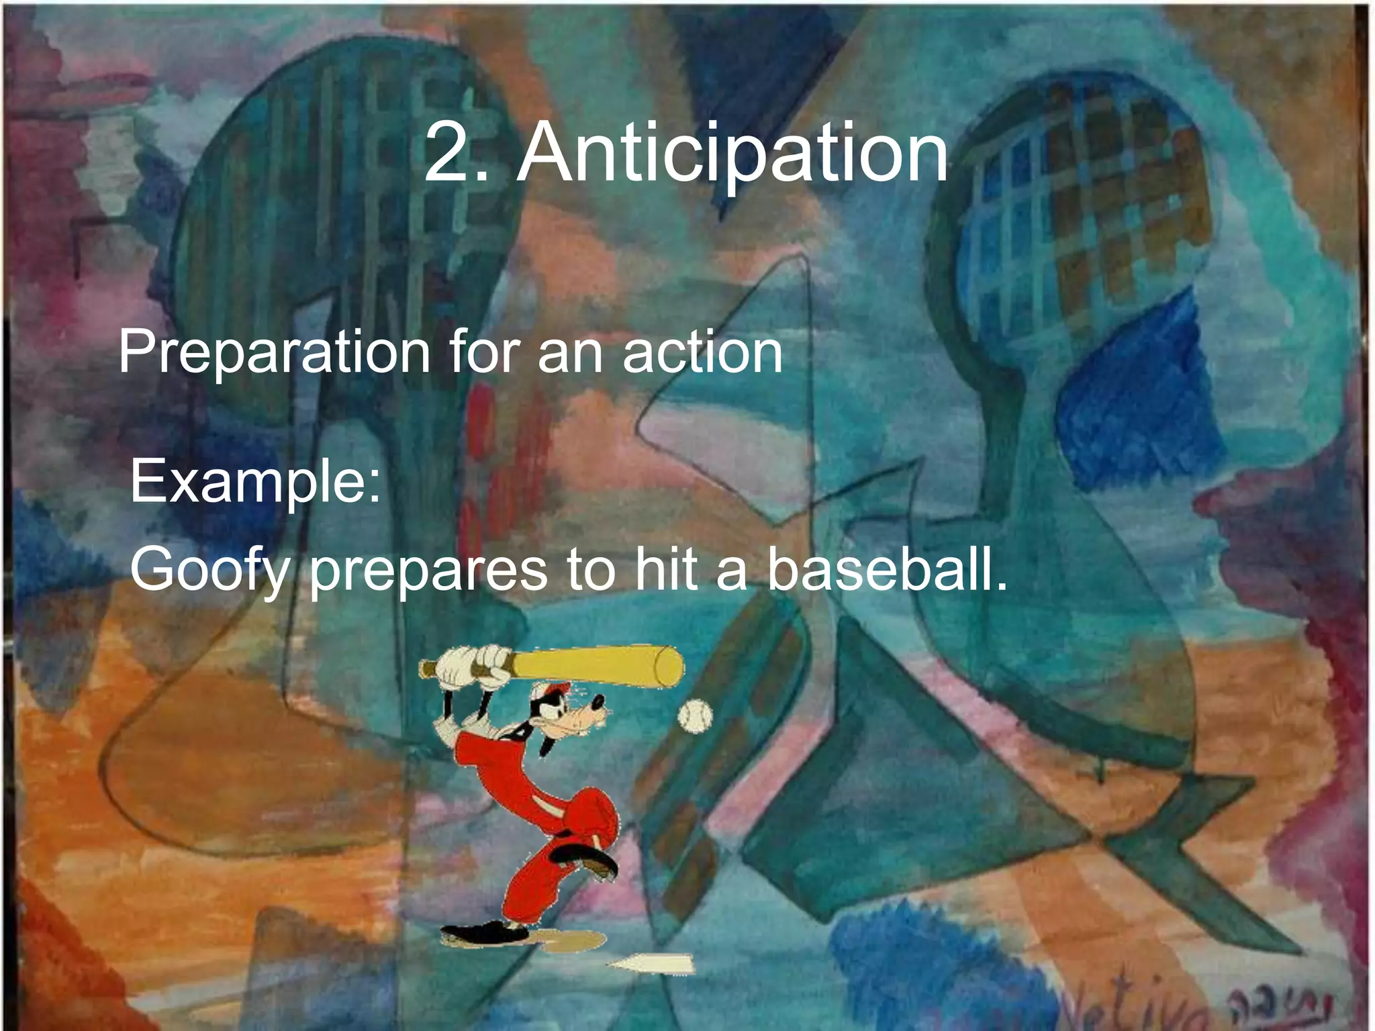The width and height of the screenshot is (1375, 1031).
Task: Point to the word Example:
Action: (255, 482)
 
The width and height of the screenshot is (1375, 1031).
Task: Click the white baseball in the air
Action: (694, 716)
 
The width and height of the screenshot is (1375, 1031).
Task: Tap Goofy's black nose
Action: (597, 703)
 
